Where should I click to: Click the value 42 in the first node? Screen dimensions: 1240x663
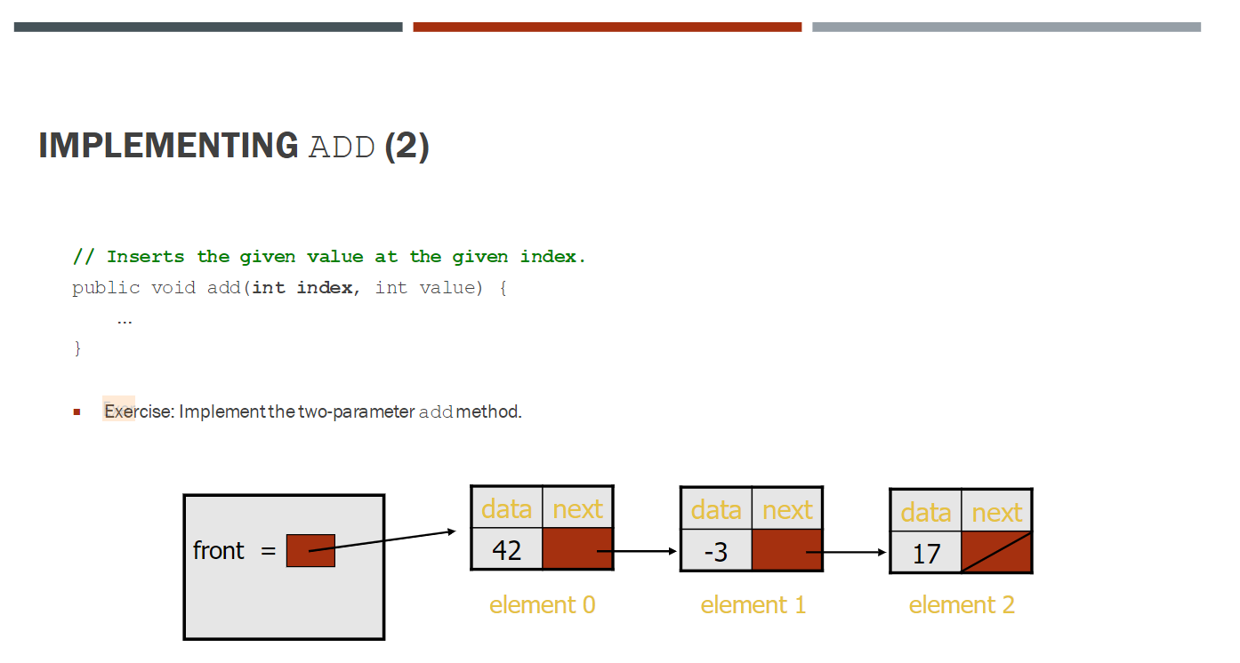click(x=506, y=550)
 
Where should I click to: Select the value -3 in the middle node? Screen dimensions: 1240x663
click(x=715, y=552)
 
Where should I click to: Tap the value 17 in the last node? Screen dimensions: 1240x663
click(x=926, y=554)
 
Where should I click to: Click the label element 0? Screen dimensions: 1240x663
click(x=542, y=605)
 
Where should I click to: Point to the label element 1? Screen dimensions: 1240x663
click(x=753, y=605)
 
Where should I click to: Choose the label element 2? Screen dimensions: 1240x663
click(x=962, y=605)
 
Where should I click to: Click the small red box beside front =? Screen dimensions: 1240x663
click(x=310, y=551)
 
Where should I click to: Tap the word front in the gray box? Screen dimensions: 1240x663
click(x=218, y=551)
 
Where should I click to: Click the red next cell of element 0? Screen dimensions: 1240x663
click(x=577, y=549)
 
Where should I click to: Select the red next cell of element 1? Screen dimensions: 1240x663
click(x=786, y=550)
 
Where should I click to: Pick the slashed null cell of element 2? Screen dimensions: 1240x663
click(x=996, y=552)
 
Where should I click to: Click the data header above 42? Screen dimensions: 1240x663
click(x=506, y=509)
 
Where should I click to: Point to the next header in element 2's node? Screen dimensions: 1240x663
click(x=996, y=513)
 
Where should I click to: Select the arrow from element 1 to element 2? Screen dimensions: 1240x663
click(x=849, y=553)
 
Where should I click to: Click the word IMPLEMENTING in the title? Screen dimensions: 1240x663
click(x=168, y=146)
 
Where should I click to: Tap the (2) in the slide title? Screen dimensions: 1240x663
click(x=407, y=146)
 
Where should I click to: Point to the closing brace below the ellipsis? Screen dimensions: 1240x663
click(x=77, y=348)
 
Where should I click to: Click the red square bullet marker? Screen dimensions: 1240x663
click(x=76, y=411)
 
